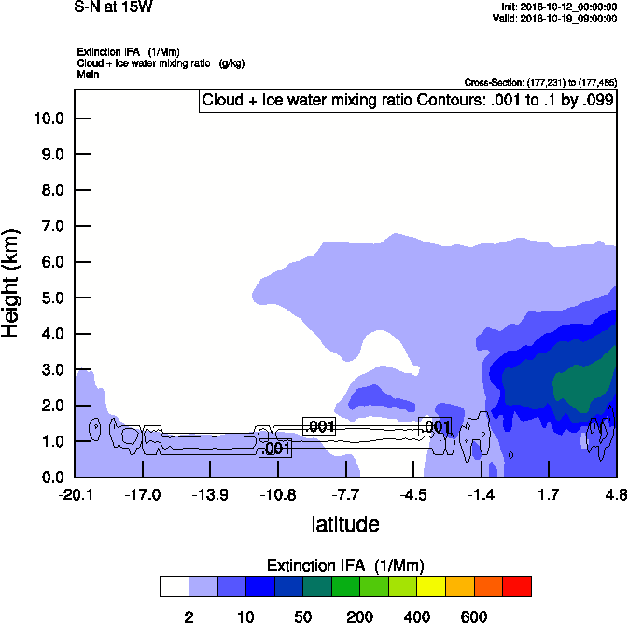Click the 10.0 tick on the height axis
click(x=49, y=118)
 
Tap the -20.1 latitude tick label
click(x=75, y=494)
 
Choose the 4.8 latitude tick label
click(x=615, y=494)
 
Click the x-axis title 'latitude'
click(x=345, y=524)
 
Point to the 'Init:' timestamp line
click(x=557, y=7)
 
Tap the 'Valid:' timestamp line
click(x=556, y=18)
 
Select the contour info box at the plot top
click(x=408, y=101)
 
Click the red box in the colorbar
click(x=517, y=586)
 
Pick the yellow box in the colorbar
click(x=431, y=586)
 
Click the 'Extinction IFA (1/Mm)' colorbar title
click(x=344, y=566)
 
